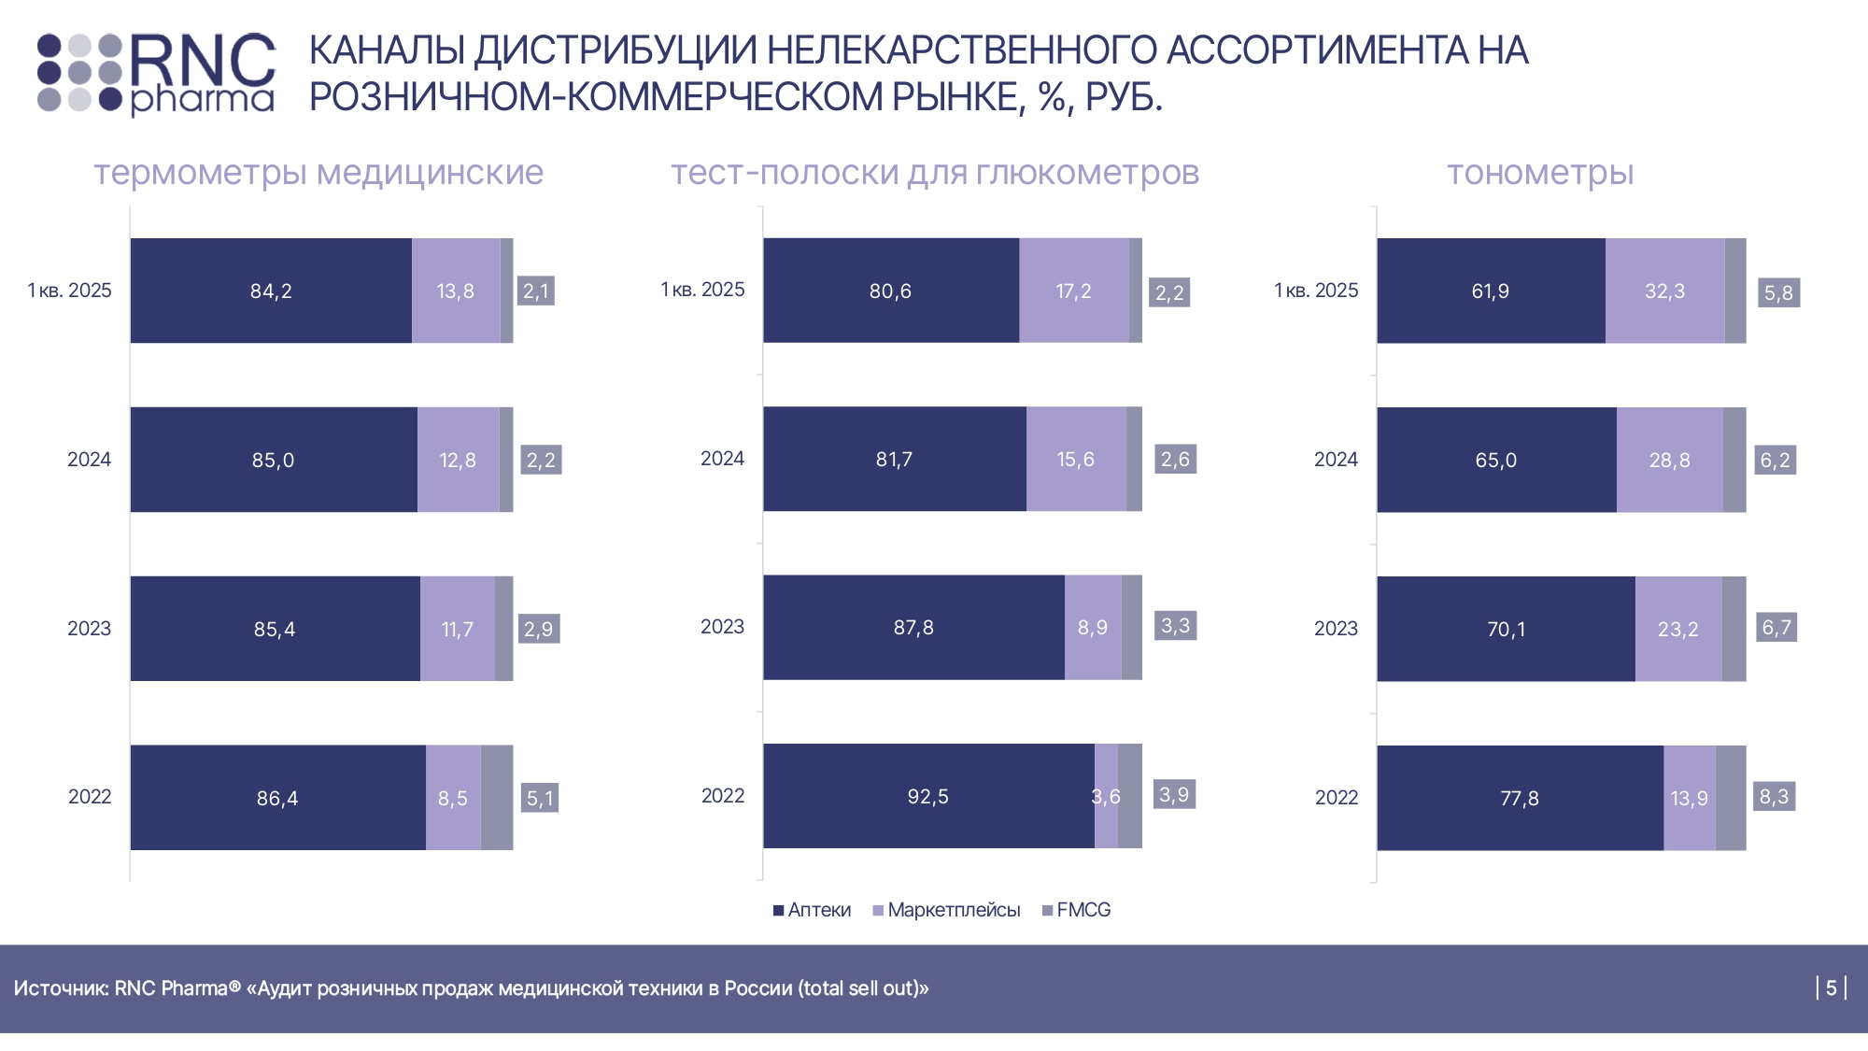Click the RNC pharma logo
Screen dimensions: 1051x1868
[x=157, y=74]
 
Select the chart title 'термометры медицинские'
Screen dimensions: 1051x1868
[x=318, y=173]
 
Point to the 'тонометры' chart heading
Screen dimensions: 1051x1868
[x=1540, y=173]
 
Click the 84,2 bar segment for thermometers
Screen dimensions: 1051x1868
[x=271, y=291]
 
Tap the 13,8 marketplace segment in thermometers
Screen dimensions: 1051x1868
[x=456, y=291]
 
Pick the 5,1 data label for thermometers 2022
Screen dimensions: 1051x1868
[x=540, y=798]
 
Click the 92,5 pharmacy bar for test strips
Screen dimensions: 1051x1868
[x=927, y=796]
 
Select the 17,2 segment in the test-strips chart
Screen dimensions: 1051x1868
[x=1073, y=291]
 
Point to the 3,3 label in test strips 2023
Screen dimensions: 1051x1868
[x=1175, y=625]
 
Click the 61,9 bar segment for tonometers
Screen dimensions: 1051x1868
[x=1490, y=291]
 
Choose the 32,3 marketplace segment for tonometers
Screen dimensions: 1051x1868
[x=1664, y=291]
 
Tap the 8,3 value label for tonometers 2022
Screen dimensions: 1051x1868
[x=1774, y=796]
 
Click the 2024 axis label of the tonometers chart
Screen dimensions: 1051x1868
[x=1336, y=460]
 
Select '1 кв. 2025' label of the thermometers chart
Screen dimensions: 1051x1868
[x=70, y=291]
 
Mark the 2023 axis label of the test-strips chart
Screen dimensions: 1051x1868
[x=722, y=627]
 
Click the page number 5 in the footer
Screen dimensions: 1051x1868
[x=1831, y=987]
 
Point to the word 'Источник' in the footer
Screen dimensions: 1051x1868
[x=61, y=988]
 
